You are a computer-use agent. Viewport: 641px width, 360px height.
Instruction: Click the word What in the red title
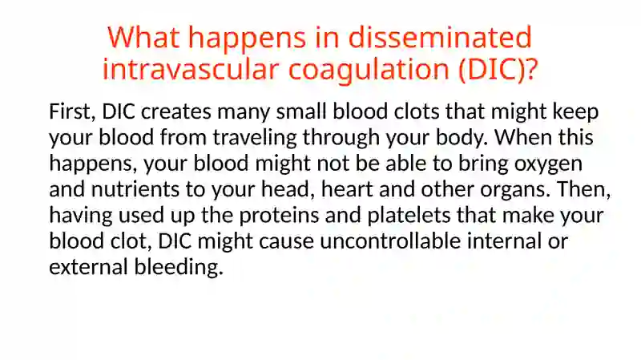(143, 37)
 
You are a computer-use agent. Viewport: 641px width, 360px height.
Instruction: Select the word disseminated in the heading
(440, 37)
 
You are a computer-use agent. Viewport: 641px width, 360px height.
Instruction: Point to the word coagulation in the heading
(369, 71)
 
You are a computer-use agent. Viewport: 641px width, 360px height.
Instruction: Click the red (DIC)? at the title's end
(498, 70)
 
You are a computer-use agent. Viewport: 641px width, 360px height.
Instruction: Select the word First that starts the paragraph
(72, 111)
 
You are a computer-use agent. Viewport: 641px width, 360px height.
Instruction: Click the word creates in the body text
(176, 112)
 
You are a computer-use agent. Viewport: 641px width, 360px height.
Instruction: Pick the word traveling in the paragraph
(255, 138)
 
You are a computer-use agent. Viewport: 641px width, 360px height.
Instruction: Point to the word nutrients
(135, 189)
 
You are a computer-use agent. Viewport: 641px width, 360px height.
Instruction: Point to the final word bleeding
(179, 267)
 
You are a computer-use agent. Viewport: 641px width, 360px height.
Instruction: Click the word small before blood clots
(302, 111)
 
